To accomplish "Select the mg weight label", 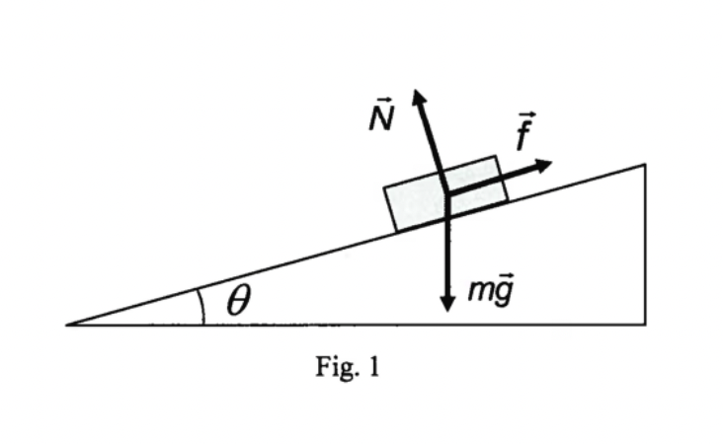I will pos(490,291).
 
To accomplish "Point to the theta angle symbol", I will pos(237,301).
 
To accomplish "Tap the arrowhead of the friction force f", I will pos(545,164).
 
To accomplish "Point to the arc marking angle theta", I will pos(201,306).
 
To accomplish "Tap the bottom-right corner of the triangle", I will pos(646,324).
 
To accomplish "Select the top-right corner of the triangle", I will pos(646,165).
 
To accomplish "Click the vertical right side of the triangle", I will pos(646,247).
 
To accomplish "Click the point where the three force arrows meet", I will pos(447,193).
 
